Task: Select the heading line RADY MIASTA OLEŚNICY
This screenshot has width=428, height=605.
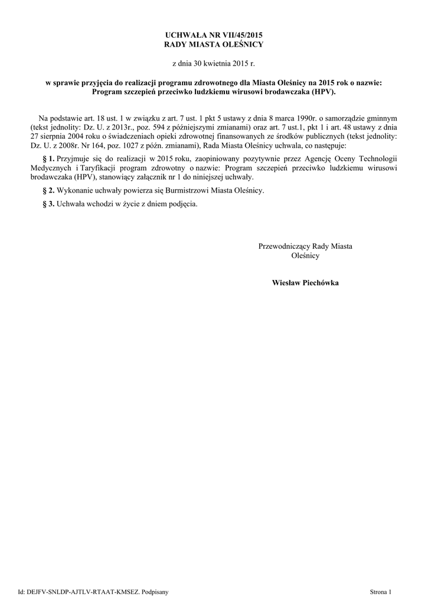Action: [214, 45]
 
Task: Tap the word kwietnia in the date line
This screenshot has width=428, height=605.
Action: [213, 63]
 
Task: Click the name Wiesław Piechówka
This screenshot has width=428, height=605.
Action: [305, 282]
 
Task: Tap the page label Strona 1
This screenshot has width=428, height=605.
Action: [381, 591]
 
